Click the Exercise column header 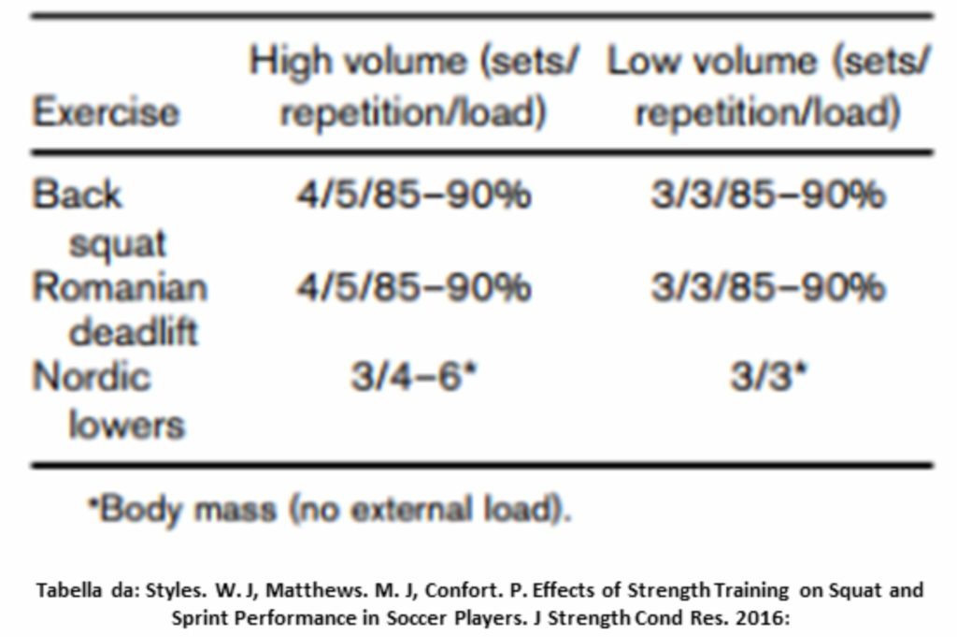point(105,112)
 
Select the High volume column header point(413,87)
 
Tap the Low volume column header point(768,87)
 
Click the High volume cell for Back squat point(413,195)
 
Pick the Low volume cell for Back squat point(767,195)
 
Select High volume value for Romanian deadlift point(413,286)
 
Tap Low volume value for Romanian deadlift point(767,286)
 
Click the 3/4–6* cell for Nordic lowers point(414,377)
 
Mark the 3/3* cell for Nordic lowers point(769,377)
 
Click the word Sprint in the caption point(196,617)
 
